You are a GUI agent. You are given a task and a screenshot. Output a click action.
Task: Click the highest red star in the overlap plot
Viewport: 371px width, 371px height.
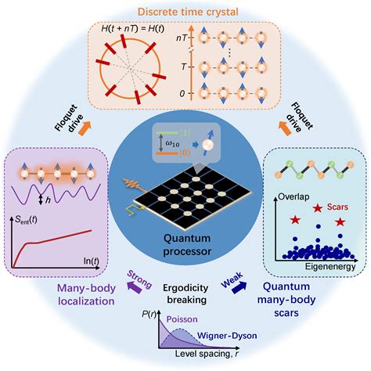point(318,209)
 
